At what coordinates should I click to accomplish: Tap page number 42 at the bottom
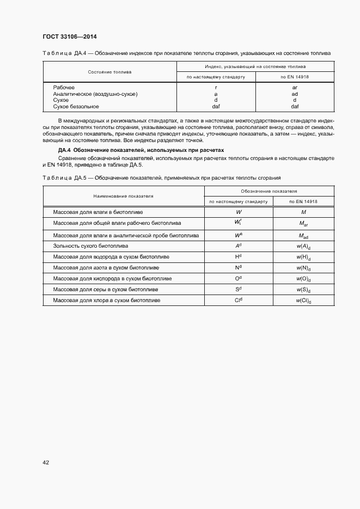tap(46, 463)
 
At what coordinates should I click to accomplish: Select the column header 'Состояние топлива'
tap(109, 72)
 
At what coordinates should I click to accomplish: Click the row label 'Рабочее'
tap(64, 87)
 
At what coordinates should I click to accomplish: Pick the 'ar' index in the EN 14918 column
tap(295, 87)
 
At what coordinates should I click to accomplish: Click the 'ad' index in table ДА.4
tap(295, 94)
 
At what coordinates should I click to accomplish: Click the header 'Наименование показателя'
tap(123, 196)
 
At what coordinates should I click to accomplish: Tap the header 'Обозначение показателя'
tap(269, 192)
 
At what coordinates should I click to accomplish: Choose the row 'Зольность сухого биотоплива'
tap(90, 246)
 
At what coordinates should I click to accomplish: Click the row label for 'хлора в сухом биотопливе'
tap(107, 300)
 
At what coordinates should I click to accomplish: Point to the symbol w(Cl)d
tap(303, 301)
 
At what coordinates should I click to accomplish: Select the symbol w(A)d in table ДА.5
tap(303, 246)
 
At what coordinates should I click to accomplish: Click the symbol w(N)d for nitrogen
tap(303, 268)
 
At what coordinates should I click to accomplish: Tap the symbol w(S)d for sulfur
tap(303, 290)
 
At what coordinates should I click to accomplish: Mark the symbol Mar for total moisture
tap(303, 224)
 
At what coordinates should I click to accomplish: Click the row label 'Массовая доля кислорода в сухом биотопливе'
tap(112, 278)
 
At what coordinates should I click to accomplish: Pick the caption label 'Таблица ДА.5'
tap(62, 178)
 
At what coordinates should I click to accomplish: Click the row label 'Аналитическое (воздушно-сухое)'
tap(95, 94)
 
